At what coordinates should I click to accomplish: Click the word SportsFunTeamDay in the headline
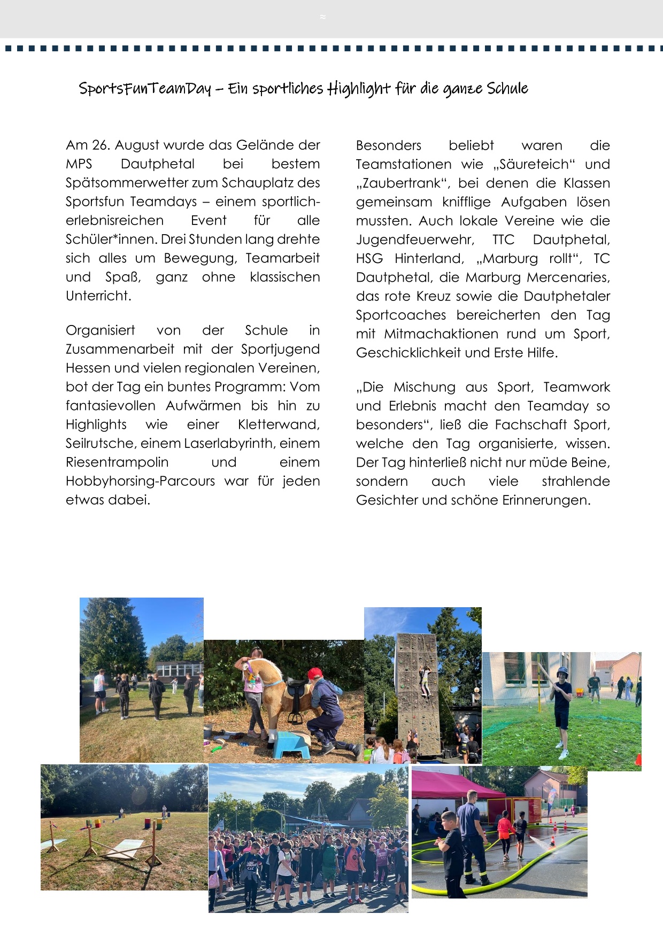(x=145, y=88)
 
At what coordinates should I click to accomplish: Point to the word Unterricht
(x=98, y=296)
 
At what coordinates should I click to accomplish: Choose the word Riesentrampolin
(x=117, y=462)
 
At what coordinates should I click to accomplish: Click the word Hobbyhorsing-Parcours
(x=140, y=481)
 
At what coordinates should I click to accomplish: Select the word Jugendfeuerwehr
(x=415, y=240)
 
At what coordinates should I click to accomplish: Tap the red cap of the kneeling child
(x=315, y=673)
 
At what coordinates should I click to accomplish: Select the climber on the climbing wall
(x=426, y=682)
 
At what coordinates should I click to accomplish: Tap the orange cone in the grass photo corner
(x=638, y=760)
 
